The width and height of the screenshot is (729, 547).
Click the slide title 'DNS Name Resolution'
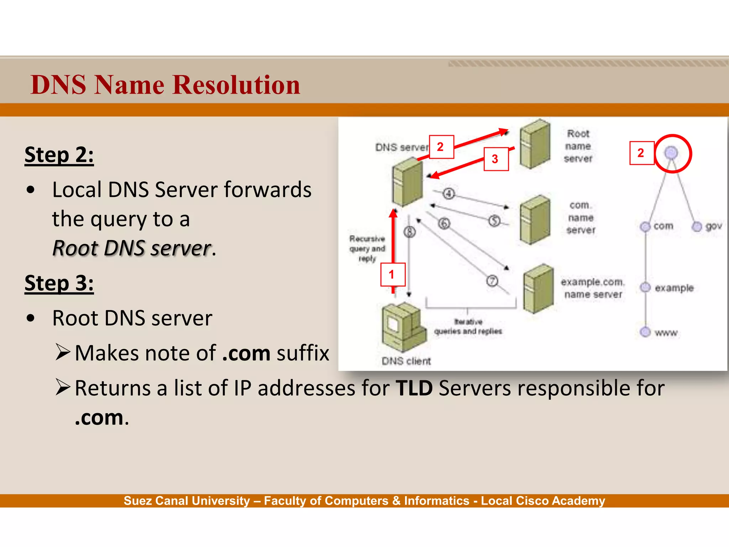(x=166, y=85)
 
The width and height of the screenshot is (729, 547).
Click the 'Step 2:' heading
(x=59, y=155)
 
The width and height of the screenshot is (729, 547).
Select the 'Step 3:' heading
(x=59, y=283)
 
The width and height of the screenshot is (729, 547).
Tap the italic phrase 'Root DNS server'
(x=132, y=248)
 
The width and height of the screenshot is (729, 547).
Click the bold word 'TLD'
(x=414, y=388)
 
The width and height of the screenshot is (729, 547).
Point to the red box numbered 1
(x=393, y=275)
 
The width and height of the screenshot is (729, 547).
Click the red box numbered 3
(x=496, y=159)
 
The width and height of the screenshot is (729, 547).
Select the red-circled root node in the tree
(x=671, y=153)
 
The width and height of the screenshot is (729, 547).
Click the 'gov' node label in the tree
(x=713, y=226)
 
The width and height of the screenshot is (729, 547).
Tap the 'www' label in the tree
(x=666, y=333)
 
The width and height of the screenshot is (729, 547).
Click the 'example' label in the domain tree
(x=674, y=288)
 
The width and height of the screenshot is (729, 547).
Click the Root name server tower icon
(x=535, y=144)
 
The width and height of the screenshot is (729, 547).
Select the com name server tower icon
(x=535, y=219)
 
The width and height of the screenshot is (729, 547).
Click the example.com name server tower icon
(x=538, y=288)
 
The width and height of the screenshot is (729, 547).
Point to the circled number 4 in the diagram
(x=449, y=194)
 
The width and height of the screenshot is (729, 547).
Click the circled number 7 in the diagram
(x=492, y=281)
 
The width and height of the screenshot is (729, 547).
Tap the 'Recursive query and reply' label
(x=367, y=248)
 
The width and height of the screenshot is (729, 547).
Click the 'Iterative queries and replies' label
(x=468, y=327)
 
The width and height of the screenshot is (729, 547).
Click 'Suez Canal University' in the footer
(x=187, y=501)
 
